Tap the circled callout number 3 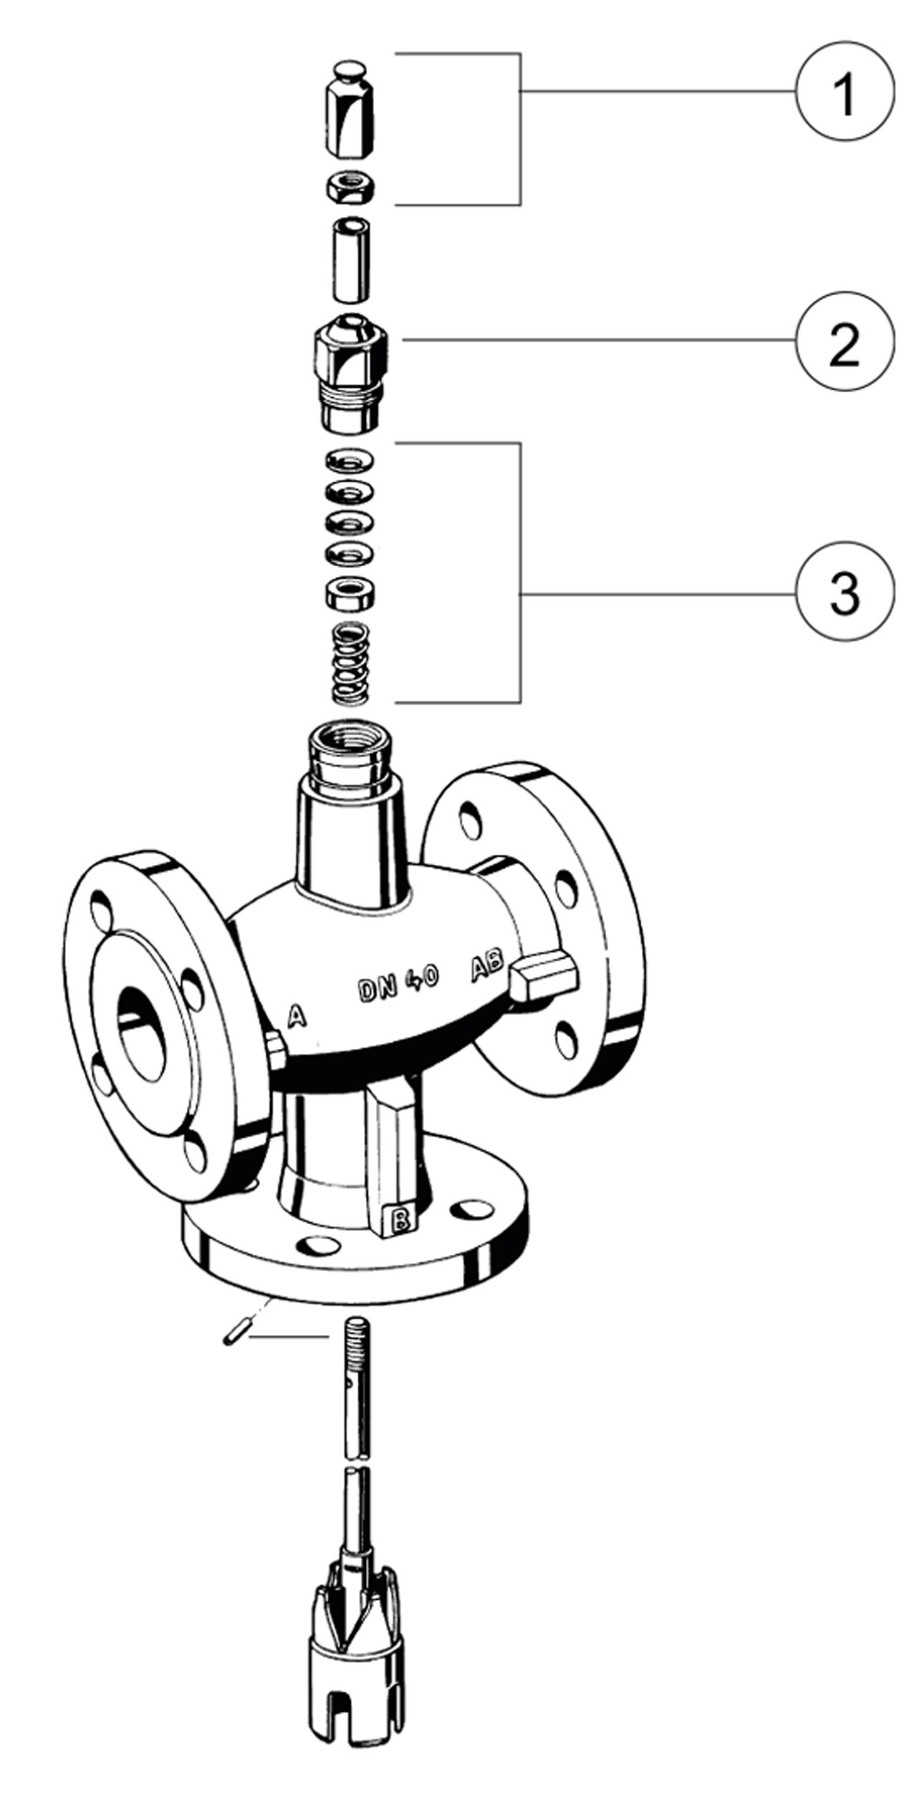coord(845,594)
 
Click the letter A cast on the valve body coord(297,1016)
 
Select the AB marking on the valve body coord(487,969)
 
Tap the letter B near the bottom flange coord(401,1218)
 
